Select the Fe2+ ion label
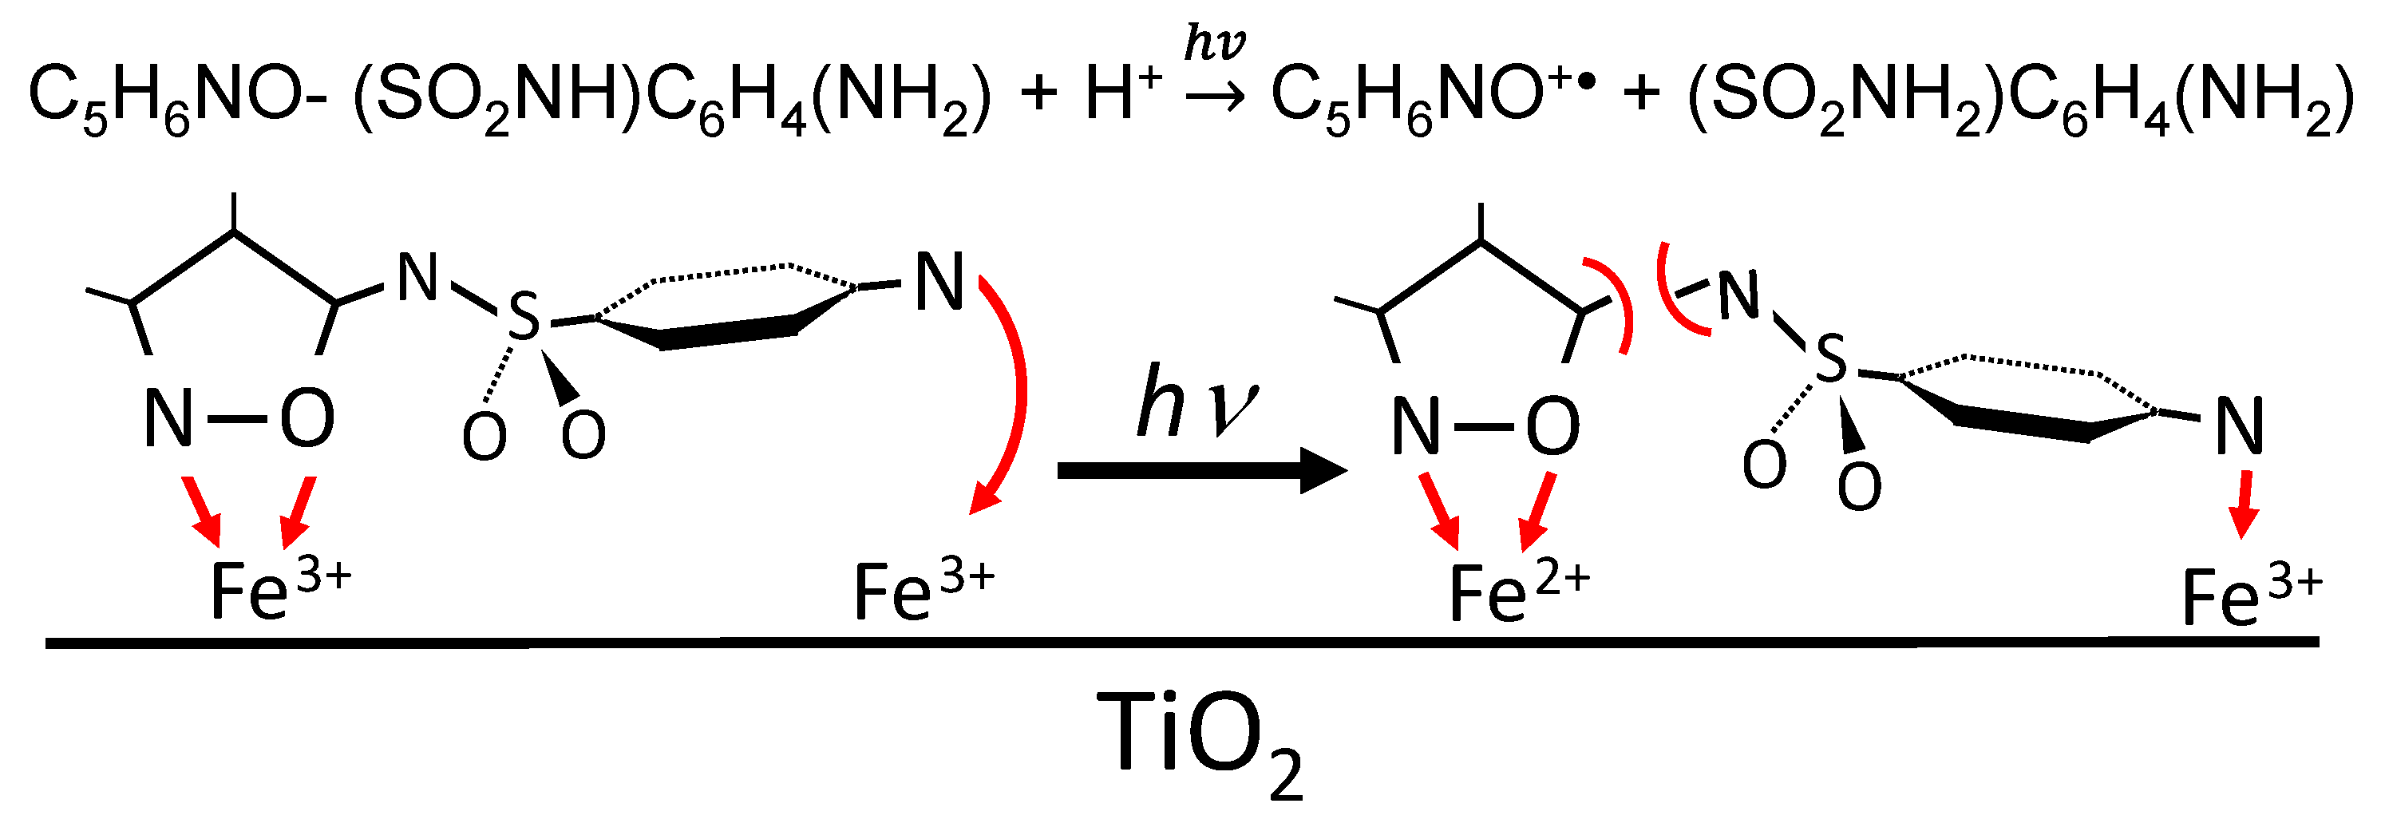click(1517, 592)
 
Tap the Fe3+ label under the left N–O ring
click(280, 589)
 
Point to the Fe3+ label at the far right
click(2251, 596)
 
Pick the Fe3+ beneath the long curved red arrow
click(923, 589)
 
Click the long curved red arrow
click(1014, 388)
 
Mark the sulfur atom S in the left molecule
click(524, 316)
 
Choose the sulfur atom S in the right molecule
click(1830, 358)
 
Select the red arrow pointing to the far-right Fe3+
click(2242, 504)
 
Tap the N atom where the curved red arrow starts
click(939, 282)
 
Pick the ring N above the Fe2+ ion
click(1416, 427)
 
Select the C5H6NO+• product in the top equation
click(1432, 97)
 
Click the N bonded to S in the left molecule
click(417, 277)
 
